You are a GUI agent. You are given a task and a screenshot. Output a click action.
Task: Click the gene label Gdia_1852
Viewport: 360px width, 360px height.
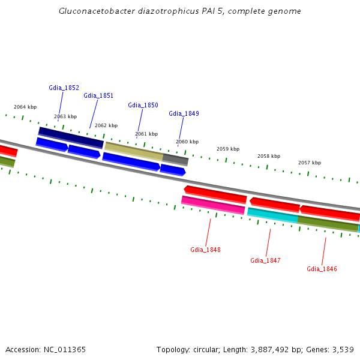click(x=64, y=88)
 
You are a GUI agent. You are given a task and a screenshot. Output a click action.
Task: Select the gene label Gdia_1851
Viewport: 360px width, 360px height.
click(x=98, y=95)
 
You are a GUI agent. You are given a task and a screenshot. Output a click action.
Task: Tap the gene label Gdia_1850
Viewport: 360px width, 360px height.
click(x=143, y=105)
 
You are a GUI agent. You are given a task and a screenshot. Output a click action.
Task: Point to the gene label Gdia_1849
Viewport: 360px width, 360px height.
click(x=184, y=113)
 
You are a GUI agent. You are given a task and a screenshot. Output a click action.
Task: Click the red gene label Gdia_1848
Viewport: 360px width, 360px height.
click(x=205, y=249)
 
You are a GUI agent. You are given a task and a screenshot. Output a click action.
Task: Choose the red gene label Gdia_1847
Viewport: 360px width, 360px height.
click(x=265, y=260)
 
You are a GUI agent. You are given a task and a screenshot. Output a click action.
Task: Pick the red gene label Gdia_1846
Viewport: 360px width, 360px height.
click(x=322, y=269)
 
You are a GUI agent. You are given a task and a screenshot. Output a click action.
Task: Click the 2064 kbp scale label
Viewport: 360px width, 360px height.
click(x=25, y=107)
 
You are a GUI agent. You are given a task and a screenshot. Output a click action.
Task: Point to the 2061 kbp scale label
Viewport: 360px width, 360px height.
click(x=146, y=134)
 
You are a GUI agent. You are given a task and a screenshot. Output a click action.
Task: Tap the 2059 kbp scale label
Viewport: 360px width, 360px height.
click(x=228, y=149)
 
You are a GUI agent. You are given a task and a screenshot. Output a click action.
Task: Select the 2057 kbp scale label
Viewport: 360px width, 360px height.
click(x=310, y=163)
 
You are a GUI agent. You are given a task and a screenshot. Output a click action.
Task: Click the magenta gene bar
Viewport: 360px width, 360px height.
click(x=213, y=205)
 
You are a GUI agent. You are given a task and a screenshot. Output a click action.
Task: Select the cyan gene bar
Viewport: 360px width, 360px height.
click(x=272, y=215)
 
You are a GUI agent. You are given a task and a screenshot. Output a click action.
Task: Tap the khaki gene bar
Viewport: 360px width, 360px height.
click(x=134, y=151)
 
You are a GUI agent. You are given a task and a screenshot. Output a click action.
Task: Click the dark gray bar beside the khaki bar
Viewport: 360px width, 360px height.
click(x=175, y=159)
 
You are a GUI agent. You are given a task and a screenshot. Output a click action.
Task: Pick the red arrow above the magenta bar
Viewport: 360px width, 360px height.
click(x=215, y=194)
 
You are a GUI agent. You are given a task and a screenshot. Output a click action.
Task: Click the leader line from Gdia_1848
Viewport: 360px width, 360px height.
click(x=208, y=231)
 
